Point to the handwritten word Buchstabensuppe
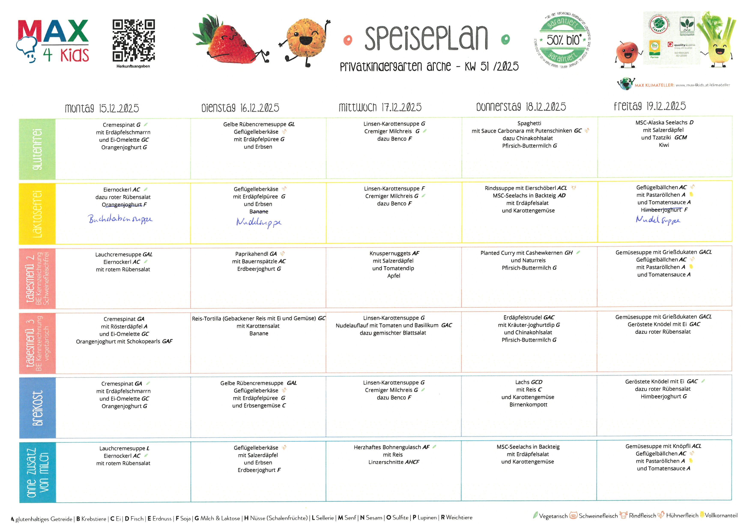[120, 219]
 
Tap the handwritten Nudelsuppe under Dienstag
[259, 222]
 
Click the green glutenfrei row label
[37, 149]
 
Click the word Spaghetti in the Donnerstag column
[529, 123]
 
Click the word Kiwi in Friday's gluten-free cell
[664, 145]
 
